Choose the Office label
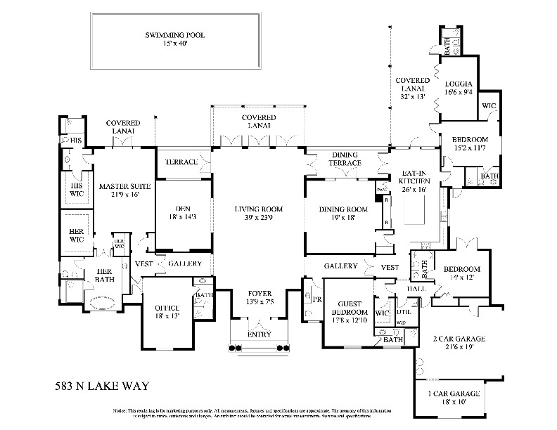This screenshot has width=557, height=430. coord(162,308)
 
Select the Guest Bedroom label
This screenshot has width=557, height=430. coord(349,307)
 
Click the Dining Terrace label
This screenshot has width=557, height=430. coord(345,159)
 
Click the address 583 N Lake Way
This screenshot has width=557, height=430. coord(101,385)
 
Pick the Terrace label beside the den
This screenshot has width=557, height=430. coord(181,162)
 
